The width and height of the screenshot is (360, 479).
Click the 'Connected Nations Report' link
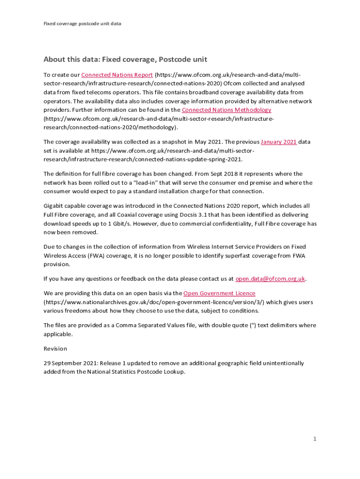[117, 75]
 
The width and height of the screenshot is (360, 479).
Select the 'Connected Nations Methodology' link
[226, 110]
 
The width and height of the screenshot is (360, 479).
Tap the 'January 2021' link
[279, 142]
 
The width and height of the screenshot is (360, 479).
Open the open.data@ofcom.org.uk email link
[270, 279]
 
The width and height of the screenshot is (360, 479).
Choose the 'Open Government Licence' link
[219, 293]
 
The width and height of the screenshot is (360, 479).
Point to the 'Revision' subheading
[55, 349]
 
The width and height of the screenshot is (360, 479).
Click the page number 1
[315, 439]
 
